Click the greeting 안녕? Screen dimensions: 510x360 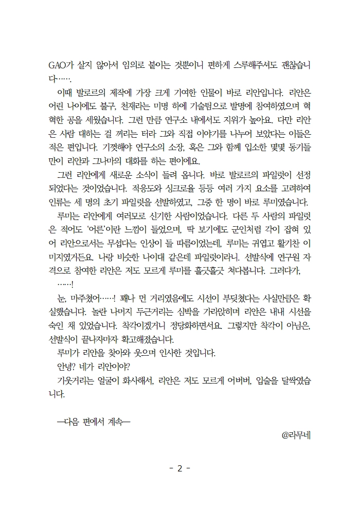click(68, 367)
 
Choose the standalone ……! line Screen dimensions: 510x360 click(66, 282)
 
